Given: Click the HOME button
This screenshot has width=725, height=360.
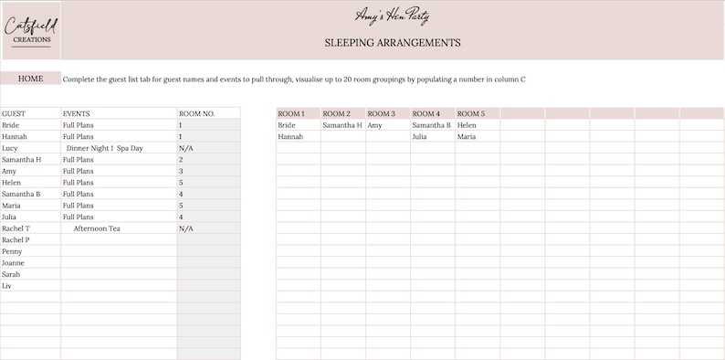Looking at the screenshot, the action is point(30,79).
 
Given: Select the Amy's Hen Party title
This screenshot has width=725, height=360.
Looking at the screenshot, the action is point(392,16).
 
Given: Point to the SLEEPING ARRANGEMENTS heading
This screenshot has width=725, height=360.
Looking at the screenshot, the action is point(392,43).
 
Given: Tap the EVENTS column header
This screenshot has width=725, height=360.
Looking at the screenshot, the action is point(76,113).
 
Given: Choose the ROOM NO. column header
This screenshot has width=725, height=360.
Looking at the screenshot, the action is point(196,113).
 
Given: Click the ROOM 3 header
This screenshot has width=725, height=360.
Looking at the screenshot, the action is point(381,113).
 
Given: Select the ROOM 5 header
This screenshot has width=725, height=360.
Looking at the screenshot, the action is point(470,113).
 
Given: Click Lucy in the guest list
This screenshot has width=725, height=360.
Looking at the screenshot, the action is point(10,148).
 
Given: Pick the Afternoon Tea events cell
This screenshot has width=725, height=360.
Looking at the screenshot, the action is point(97,228).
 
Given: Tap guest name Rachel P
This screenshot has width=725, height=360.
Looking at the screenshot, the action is point(16,240).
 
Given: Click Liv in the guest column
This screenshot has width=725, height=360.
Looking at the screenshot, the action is point(7,286).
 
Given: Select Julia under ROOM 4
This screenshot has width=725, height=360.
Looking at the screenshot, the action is point(420,137).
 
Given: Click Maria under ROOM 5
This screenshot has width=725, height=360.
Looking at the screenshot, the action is point(467,137).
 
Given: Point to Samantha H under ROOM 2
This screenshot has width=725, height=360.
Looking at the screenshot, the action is point(342,125).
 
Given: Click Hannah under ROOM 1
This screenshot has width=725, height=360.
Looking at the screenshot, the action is point(289,137).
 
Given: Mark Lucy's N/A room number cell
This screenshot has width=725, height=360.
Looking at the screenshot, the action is point(186,148).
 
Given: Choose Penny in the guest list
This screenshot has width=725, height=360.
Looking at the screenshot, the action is point(12,251).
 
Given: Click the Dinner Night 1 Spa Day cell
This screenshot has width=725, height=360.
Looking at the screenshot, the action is point(104,148).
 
